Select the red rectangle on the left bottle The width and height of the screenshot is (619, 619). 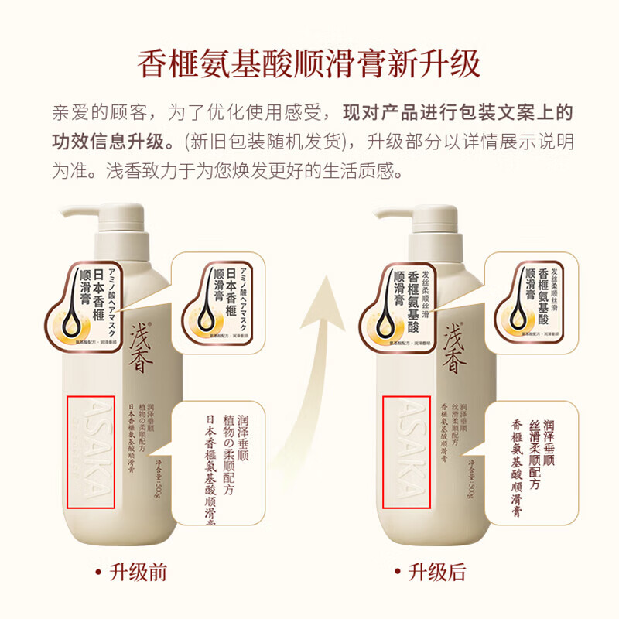point(91,453)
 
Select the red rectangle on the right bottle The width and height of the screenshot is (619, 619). point(406,453)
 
